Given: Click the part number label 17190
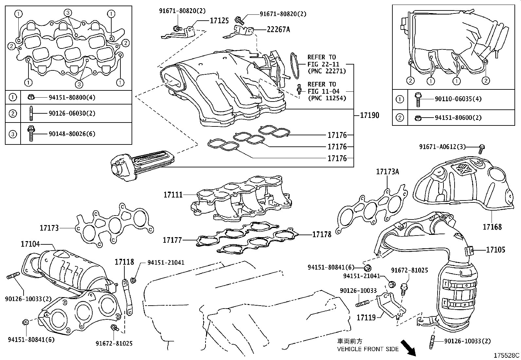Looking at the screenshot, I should (369, 115).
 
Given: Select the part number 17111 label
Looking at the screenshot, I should (173, 195).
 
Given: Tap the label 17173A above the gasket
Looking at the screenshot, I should (388, 172).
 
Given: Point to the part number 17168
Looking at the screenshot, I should (492, 227).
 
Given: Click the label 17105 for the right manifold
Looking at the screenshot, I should (495, 250).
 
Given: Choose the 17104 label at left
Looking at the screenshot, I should (30, 244).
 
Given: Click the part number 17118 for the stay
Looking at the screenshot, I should (124, 262).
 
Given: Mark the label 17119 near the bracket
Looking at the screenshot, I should (366, 317).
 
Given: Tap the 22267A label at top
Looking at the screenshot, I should (278, 29).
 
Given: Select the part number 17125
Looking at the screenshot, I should (219, 21).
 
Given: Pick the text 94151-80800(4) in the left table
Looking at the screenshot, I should (72, 97).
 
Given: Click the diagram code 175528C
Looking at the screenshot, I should (507, 355).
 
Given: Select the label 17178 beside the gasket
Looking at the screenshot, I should (322, 234).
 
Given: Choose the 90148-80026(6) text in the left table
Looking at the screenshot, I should (72, 134).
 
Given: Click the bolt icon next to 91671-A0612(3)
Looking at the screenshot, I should (482, 149).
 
